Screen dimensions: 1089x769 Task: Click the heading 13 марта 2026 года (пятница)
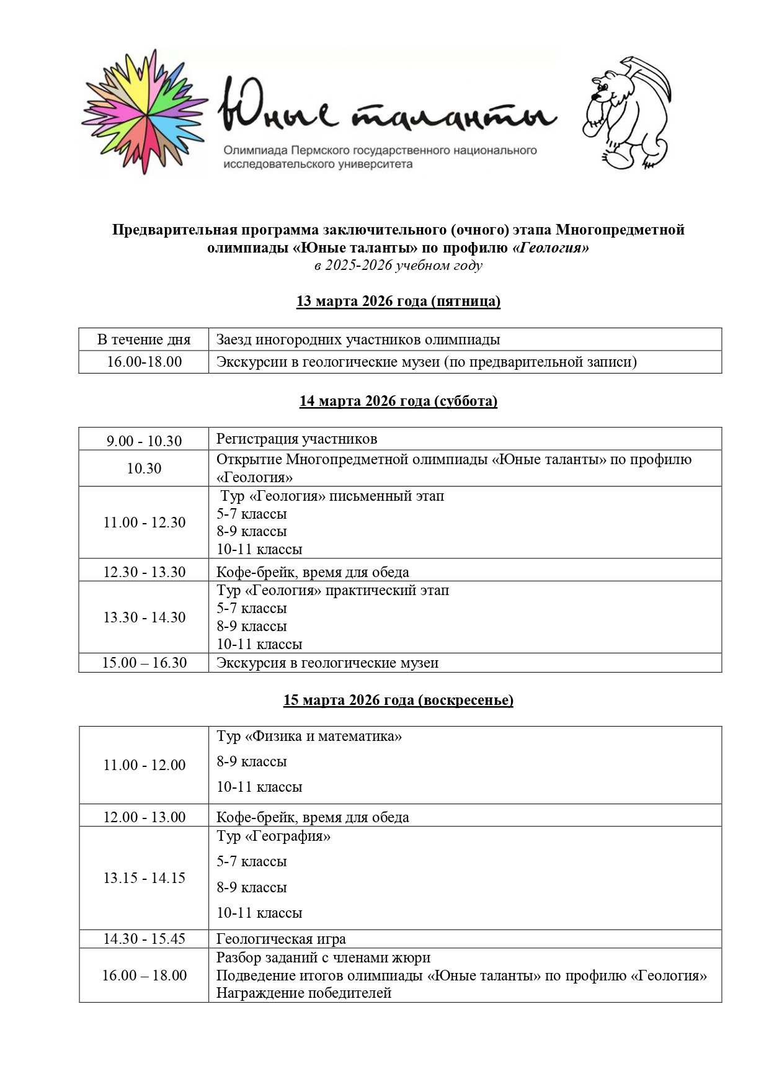tap(398, 301)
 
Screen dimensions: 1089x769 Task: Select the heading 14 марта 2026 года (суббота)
tap(398, 401)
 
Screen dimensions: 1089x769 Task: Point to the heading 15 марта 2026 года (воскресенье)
tap(398, 700)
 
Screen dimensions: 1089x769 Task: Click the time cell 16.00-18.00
tap(144, 362)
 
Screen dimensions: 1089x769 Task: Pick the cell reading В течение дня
tap(144, 339)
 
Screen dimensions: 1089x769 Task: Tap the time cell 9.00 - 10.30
tap(144, 441)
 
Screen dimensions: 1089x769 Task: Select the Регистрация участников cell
tap(296, 439)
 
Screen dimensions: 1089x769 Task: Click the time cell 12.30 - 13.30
tap(144, 571)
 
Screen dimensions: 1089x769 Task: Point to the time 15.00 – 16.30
tap(144, 663)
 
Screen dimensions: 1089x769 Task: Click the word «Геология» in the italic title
tap(550, 248)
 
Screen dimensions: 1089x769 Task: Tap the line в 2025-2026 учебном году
tap(398, 266)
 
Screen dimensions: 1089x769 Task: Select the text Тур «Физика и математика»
tap(309, 737)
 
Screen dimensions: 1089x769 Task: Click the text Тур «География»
tap(273, 836)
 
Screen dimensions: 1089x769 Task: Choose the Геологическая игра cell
tap(280, 939)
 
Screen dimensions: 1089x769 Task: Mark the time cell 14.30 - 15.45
tap(144, 939)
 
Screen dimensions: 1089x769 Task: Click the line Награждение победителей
tap(303, 993)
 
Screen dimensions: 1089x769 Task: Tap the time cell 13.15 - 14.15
tap(144, 878)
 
